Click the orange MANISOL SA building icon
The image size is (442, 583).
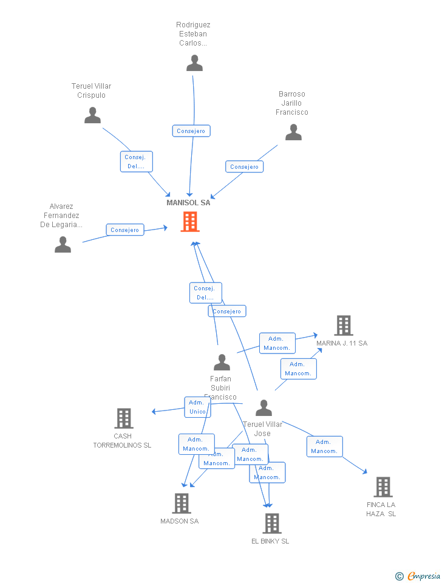point(190,222)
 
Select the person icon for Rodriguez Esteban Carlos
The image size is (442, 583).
point(194,63)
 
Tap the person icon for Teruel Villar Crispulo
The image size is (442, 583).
point(92,115)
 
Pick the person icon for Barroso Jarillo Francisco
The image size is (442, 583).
point(293,132)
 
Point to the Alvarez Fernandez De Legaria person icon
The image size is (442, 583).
point(63,245)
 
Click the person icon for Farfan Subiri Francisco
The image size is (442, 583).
point(222,363)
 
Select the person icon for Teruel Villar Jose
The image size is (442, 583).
point(263,408)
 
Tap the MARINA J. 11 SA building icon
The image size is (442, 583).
point(343,326)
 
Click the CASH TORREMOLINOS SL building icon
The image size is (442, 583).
point(124,418)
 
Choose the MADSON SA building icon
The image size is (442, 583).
point(181,503)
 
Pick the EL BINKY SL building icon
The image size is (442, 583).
point(271,523)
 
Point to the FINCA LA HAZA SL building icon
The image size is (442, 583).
point(382,486)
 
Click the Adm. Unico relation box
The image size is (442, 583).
point(197,407)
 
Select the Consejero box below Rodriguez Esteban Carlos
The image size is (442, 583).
point(191,131)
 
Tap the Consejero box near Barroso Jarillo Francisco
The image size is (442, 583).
point(245,166)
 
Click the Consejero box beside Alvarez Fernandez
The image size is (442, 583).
point(125,230)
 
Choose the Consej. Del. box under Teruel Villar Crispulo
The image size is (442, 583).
point(135,162)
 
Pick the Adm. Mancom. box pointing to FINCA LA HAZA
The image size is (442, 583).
point(324,446)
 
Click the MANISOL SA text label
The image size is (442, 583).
point(188,203)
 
